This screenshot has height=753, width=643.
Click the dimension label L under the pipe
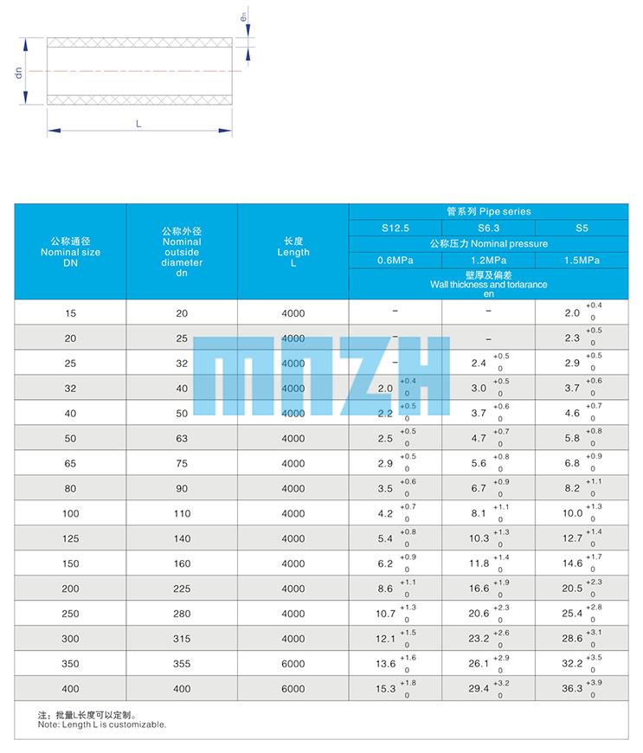point(138,124)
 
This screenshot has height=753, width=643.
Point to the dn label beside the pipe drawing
point(18,72)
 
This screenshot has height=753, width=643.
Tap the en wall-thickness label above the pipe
point(244,16)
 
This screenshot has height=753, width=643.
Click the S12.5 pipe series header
point(395,228)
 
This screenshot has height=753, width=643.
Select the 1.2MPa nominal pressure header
point(488,260)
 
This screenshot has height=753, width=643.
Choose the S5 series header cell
point(581,228)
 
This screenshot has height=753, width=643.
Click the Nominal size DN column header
point(71,252)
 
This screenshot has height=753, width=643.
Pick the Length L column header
point(293,252)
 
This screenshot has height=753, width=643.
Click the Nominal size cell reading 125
point(71,539)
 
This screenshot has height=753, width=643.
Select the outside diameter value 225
point(182,589)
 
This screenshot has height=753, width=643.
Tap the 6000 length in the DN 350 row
point(293,664)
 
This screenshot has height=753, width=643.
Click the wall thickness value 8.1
point(479,514)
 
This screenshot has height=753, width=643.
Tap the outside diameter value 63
point(182,439)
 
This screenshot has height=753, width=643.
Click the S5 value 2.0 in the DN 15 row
point(572,313)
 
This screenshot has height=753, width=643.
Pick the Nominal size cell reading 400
point(71,689)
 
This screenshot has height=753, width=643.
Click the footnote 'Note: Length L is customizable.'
point(102,725)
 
